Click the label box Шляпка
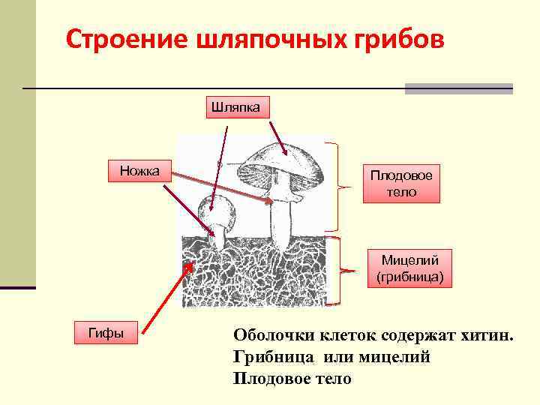pyautogui.click(x=236, y=106)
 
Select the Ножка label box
pyautogui.click(x=140, y=171)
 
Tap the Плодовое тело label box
pyautogui.click(x=400, y=183)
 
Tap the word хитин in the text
pyautogui.click(x=488, y=335)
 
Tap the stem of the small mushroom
pyautogui.click(x=218, y=238)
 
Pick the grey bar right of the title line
pyautogui.click(x=458, y=88)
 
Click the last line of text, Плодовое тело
pyautogui.click(x=292, y=379)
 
